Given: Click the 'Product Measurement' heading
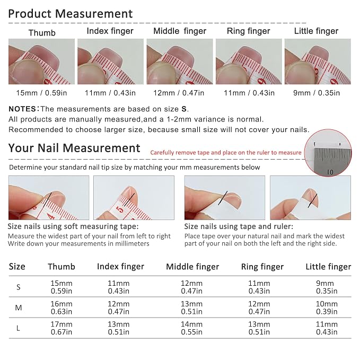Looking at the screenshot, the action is click(71, 14).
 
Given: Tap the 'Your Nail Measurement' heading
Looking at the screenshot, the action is click(74, 148).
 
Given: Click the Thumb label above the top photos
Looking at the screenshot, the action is click(42, 33).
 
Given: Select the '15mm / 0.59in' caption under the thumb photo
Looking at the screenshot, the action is click(41, 93).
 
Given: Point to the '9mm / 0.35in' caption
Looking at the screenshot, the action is click(317, 93).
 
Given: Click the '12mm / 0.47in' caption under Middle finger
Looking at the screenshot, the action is click(179, 93).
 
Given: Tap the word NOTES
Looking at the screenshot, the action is click(22, 109).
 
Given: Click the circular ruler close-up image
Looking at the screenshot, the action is click(328, 153).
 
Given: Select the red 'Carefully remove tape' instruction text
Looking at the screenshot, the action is click(226, 153).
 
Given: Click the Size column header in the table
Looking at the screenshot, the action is click(17, 266).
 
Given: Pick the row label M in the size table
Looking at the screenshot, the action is click(19, 308).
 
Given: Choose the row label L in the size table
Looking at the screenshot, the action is click(18, 328).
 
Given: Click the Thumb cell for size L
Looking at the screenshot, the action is click(62, 328).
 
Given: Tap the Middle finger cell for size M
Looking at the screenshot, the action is click(192, 308).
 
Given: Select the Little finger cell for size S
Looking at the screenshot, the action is click(327, 287).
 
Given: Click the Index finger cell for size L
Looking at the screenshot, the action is click(119, 328).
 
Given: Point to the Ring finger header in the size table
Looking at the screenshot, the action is click(262, 267).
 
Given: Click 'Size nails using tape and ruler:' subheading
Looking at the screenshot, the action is click(239, 226).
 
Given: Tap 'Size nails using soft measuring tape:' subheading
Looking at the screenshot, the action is click(73, 226).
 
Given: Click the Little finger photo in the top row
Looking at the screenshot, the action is click(318, 62).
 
